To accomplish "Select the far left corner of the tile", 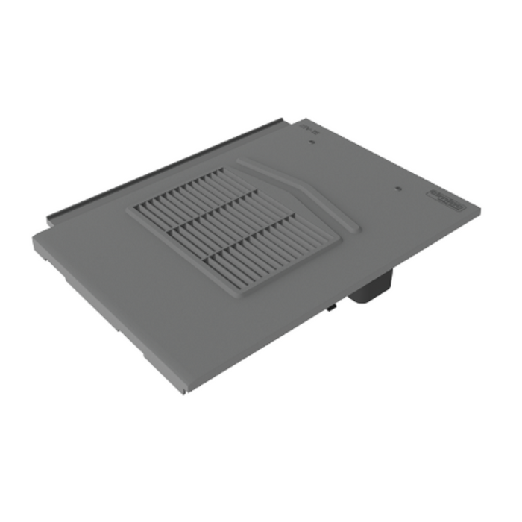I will (x=34, y=236).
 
